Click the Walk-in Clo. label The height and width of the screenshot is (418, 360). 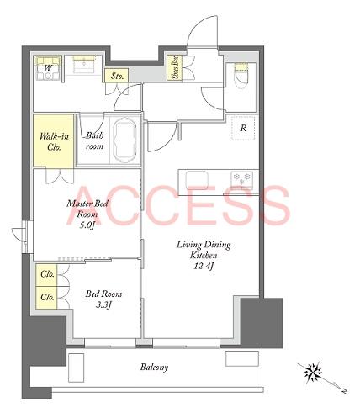tap(54, 141)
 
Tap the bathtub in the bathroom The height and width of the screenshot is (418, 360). tap(125, 140)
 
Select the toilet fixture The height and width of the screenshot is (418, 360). tap(241, 75)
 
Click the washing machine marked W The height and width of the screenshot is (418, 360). tap(48, 68)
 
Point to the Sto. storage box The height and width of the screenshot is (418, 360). tap(117, 76)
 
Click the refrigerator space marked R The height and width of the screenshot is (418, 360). tap(243, 128)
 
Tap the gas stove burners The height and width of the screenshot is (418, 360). tap(241, 178)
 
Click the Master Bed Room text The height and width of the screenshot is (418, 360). tap(87, 209)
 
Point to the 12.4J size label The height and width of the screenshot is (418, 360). tap(204, 266)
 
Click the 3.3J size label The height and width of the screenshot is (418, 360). tap(103, 304)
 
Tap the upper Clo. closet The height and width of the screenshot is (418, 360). tap(46, 275)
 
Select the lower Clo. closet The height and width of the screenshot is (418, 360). tap(46, 298)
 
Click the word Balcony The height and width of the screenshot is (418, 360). tap(154, 367)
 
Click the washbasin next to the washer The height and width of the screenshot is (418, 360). tap(83, 65)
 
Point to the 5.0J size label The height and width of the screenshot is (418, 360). tap(87, 225)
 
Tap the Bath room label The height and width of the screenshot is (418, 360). tap(94, 140)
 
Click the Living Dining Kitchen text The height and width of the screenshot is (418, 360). tap(204, 250)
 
